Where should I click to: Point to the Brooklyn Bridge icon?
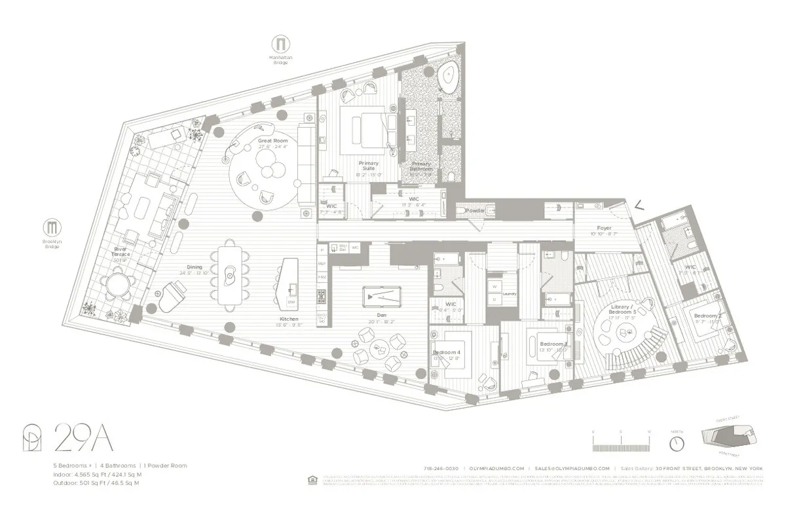pos(52,228)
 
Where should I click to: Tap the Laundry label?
pos(510,294)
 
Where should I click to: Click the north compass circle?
pos(677,443)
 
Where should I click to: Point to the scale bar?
pos(620,443)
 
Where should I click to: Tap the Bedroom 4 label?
pos(447,352)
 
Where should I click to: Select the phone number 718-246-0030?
pos(442,469)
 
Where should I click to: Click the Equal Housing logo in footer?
pos(311,480)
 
